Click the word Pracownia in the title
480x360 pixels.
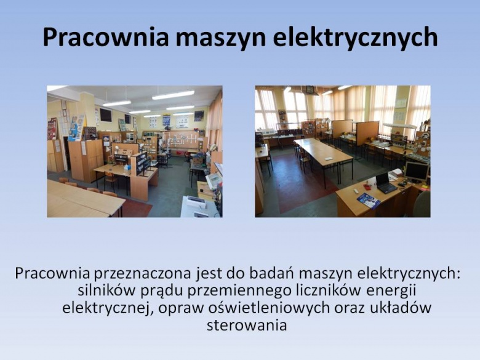[x=105, y=38]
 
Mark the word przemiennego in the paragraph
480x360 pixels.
[x=239, y=292]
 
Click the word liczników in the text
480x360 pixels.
[x=330, y=290]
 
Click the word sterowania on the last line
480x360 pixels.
[x=247, y=325]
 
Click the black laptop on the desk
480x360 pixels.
[x=385, y=183]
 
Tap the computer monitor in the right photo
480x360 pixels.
[x=417, y=172]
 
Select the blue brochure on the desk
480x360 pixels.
[x=369, y=201]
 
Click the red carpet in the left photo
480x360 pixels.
[x=135, y=207]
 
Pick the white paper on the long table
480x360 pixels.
[x=329, y=159]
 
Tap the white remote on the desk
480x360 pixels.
[x=356, y=191]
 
